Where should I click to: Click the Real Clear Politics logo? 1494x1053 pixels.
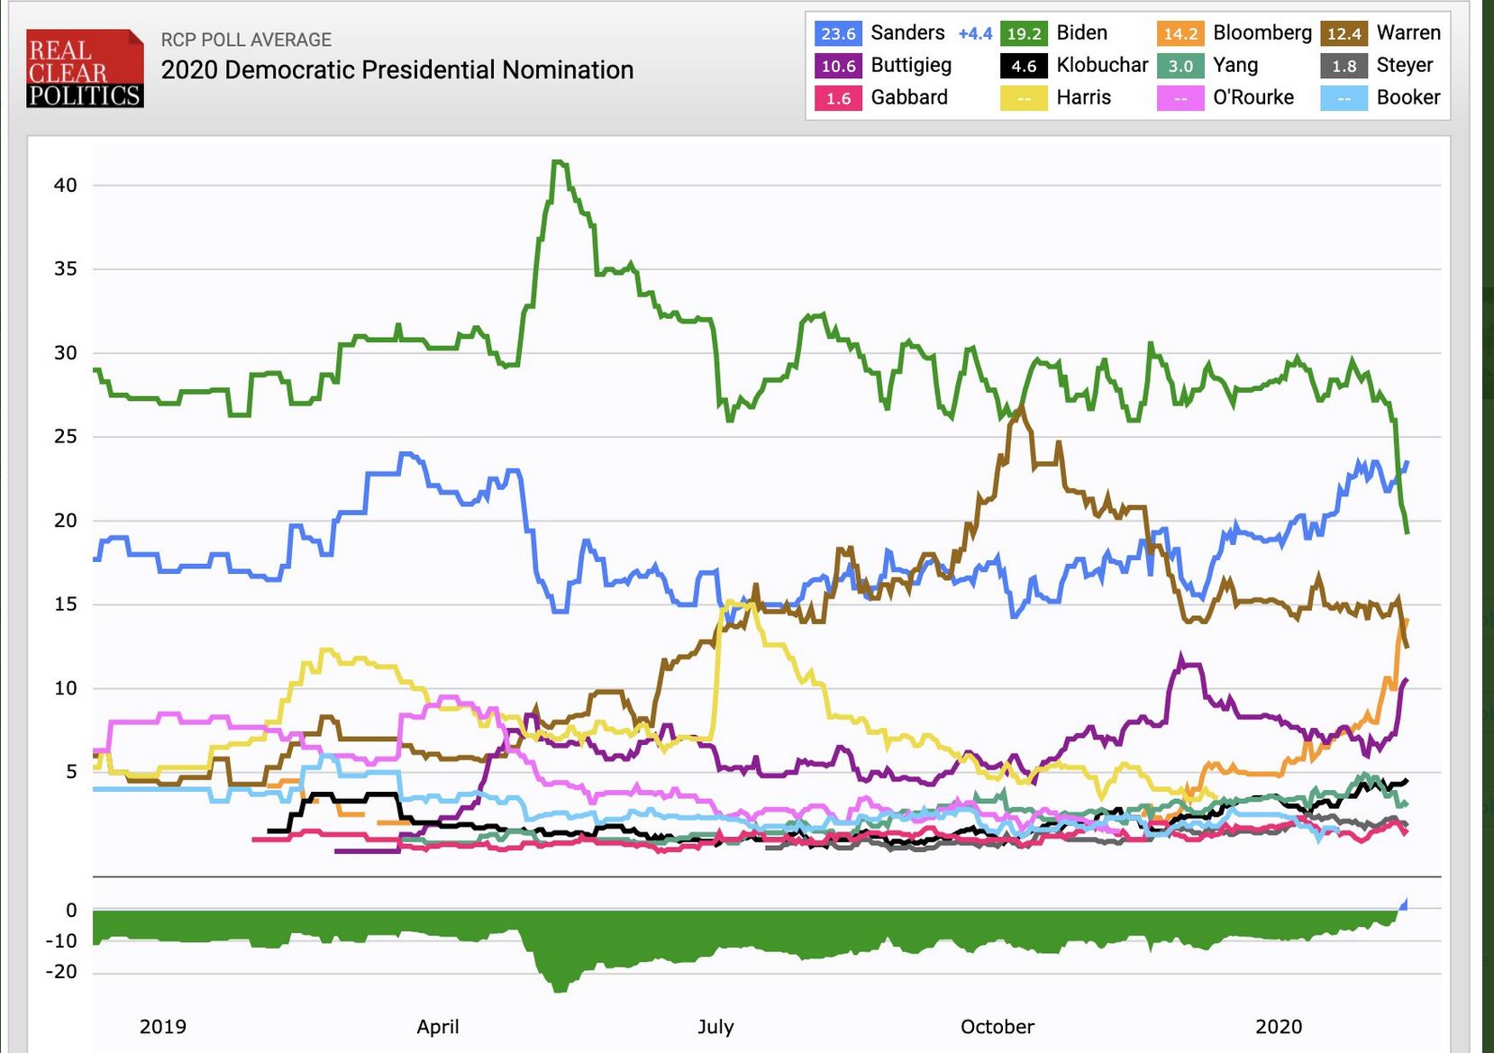tap(85, 68)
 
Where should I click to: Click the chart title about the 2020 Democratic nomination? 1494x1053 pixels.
tap(396, 70)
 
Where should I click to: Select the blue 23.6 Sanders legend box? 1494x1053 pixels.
tap(838, 33)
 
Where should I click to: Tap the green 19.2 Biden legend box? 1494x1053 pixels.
tap(1024, 33)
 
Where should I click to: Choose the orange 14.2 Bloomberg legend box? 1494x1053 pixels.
tap(1180, 33)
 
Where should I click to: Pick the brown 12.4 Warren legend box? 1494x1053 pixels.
tap(1344, 33)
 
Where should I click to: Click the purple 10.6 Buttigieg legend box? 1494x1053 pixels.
tap(838, 66)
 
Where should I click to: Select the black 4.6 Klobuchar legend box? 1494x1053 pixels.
tap(1024, 66)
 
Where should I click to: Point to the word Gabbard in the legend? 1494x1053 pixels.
tap(909, 97)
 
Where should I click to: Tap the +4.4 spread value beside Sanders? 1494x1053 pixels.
tap(975, 33)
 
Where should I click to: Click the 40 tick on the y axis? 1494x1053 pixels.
tap(66, 186)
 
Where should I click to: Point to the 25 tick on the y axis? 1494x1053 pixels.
tap(66, 437)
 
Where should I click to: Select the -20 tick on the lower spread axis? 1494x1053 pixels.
tap(62, 972)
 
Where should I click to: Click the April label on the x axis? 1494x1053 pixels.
tap(438, 1027)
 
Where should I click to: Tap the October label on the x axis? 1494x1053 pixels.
tap(998, 1027)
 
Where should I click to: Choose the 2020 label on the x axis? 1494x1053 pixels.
tap(1279, 1027)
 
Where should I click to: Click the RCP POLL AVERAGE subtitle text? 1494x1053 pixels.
tap(246, 40)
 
